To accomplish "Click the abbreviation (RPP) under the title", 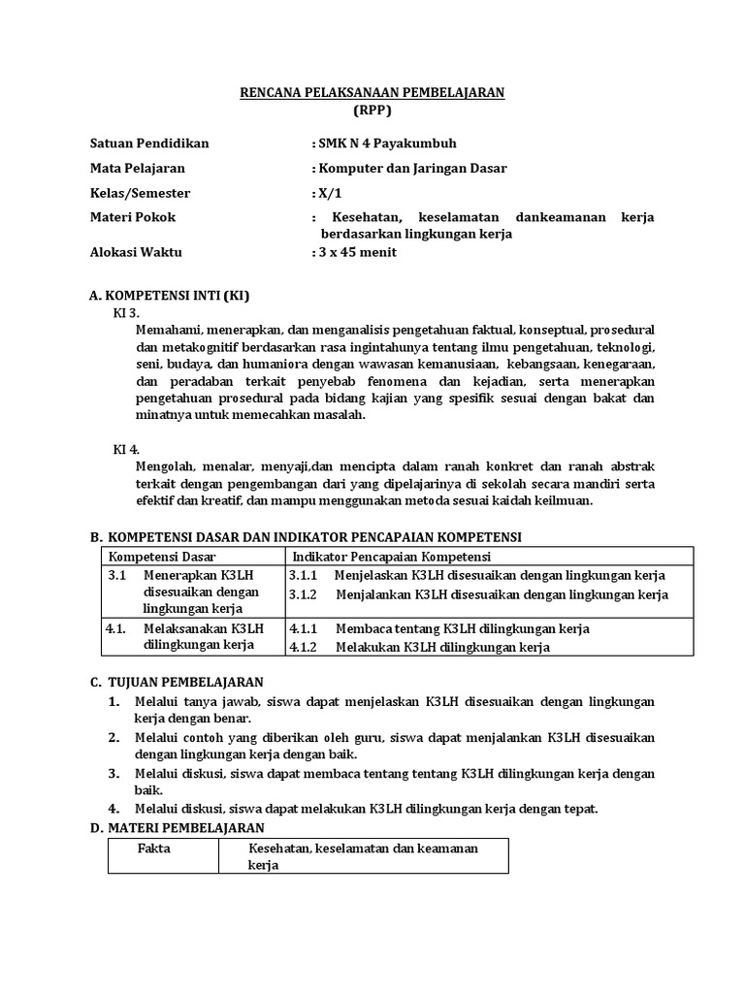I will point(372,110).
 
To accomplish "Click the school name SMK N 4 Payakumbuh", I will point(383,144).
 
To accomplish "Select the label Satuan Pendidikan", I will point(148,144).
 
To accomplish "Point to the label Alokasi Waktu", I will point(135,252).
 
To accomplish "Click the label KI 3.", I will point(127,312).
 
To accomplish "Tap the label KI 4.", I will point(127,449).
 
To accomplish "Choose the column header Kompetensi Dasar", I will point(162,557).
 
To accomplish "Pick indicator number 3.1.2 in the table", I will point(306,594).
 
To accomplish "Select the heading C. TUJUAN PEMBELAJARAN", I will point(176,682).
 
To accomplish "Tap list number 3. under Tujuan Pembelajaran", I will point(113,773).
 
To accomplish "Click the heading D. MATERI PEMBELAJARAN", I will point(177,827).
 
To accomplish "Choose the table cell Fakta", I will point(155,849).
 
